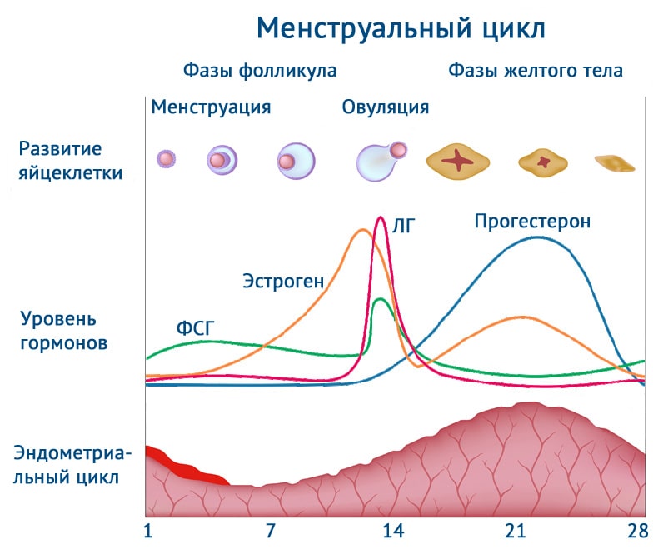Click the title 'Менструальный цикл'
(x=401, y=28)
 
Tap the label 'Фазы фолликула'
(x=260, y=71)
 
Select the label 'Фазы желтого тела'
(x=536, y=71)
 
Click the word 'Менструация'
(x=211, y=107)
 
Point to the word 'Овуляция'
(x=386, y=107)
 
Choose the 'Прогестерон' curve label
(x=532, y=222)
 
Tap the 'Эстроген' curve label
(x=283, y=281)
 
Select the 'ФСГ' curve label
(x=196, y=327)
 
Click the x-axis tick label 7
(x=270, y=531)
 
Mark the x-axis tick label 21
(x=516, y=531)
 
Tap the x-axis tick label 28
(x=637, y=531)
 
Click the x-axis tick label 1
(x=147, y=531)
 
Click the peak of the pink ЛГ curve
(x=381, y=217)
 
